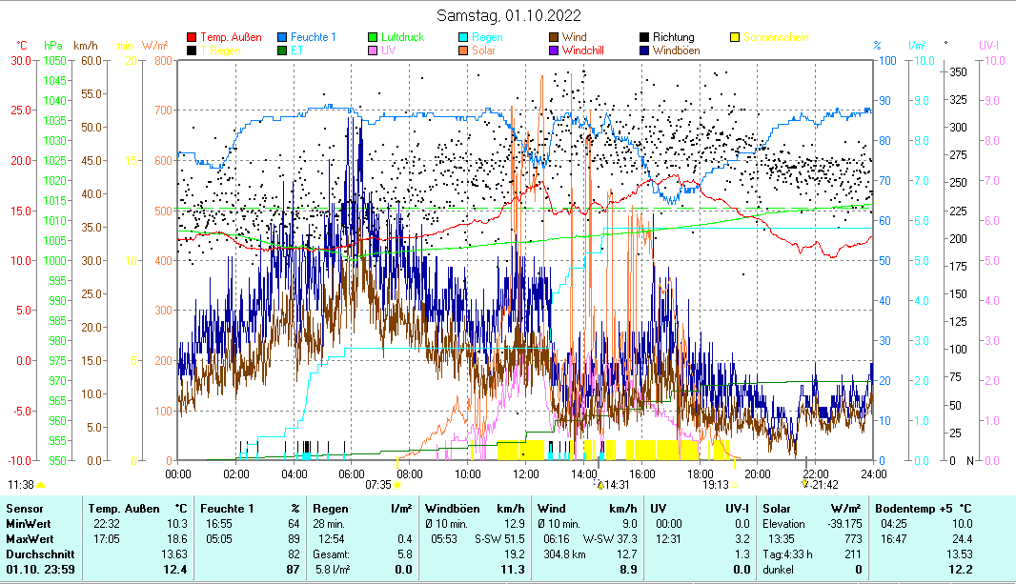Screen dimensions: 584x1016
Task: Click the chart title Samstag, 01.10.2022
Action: tap(508, 15)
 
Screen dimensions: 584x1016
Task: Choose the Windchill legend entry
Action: tap(589, 50)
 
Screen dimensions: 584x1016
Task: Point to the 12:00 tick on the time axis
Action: tap(526, 473)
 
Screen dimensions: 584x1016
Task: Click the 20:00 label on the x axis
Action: tap(758, 473)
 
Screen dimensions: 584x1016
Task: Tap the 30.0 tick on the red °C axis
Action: tap(21, 60)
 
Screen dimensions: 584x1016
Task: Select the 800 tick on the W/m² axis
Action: tap(162, 60)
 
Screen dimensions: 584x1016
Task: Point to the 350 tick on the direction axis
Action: tap(958, 71)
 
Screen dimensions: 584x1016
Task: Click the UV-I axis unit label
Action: tap(988, 45)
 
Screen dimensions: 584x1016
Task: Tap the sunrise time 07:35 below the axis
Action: tap(378, 484)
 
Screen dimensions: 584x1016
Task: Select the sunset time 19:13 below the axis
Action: tap(716, 484)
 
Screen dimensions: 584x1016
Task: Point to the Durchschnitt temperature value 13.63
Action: tap(174, 554)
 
